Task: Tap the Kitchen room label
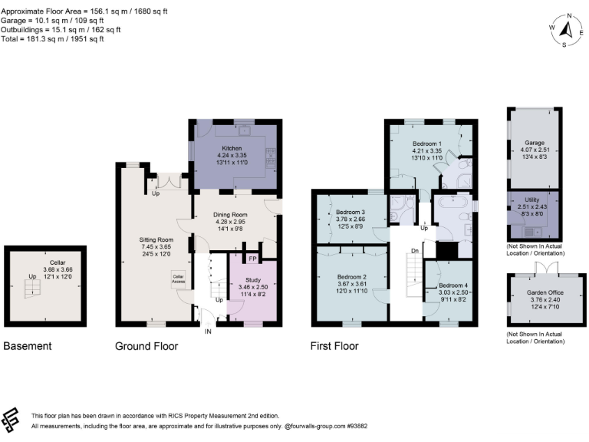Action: click(x=232, y=147)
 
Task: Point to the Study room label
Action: click(x=252, y=280)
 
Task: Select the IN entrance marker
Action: click(x=207, y=331)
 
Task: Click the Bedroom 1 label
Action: click(x=426, y=144)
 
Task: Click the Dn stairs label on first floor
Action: click(x=415, y=250)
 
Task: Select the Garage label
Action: click(x=534, y=143)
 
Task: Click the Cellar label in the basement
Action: click(x=47, y=262)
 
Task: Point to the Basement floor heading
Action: click(x=28, y=346)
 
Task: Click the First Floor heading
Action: click(x=334, y=346)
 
